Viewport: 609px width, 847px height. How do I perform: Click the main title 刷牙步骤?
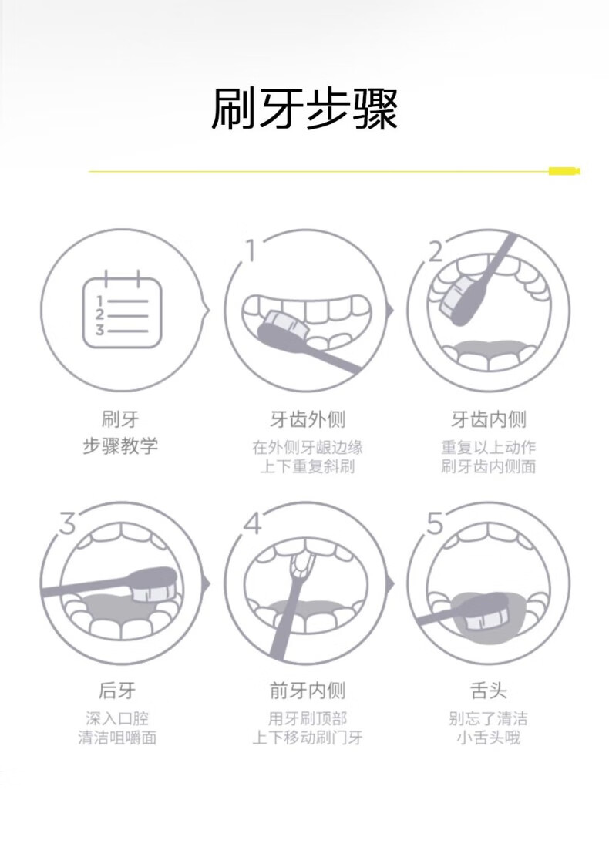pyautogui.click(x=304, y=109)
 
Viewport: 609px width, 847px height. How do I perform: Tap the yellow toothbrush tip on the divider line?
pyautogui.click(x=564, y=171)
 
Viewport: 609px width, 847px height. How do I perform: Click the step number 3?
pyautogui.click(x=67, y=523)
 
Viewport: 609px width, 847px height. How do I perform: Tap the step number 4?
pyautogui.click(x=252, y=523)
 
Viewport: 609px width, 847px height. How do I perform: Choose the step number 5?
pyautogui.click(x=435, y=523)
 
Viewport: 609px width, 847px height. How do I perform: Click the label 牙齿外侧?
pyautogui.click(x=307, y=418)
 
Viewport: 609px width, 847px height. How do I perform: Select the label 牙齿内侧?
pyautogui.click(x=489, y=418)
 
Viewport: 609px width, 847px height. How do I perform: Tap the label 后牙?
pyautogui.click(x=117, y=690)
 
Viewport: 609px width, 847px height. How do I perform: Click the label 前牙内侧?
pyautogui.click(x=307, y=690)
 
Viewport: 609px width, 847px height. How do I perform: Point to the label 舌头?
pyautogui.click(x=489, y=690)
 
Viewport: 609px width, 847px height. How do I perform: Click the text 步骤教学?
pyautogui.click(x=120, y=446)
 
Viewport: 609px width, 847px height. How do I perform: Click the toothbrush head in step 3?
pyautogui.click(x=155, y=584)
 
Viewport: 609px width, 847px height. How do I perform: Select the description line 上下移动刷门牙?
pyautogui.click(x=307, y=738)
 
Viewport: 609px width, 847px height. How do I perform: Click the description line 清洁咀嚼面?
pyautogui.click(x=117, y=738)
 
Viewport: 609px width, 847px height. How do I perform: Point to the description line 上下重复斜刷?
pyautogui.click(x=307, y=466)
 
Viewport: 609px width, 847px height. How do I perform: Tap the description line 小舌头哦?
pyautogui.click(x=489, y=738)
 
